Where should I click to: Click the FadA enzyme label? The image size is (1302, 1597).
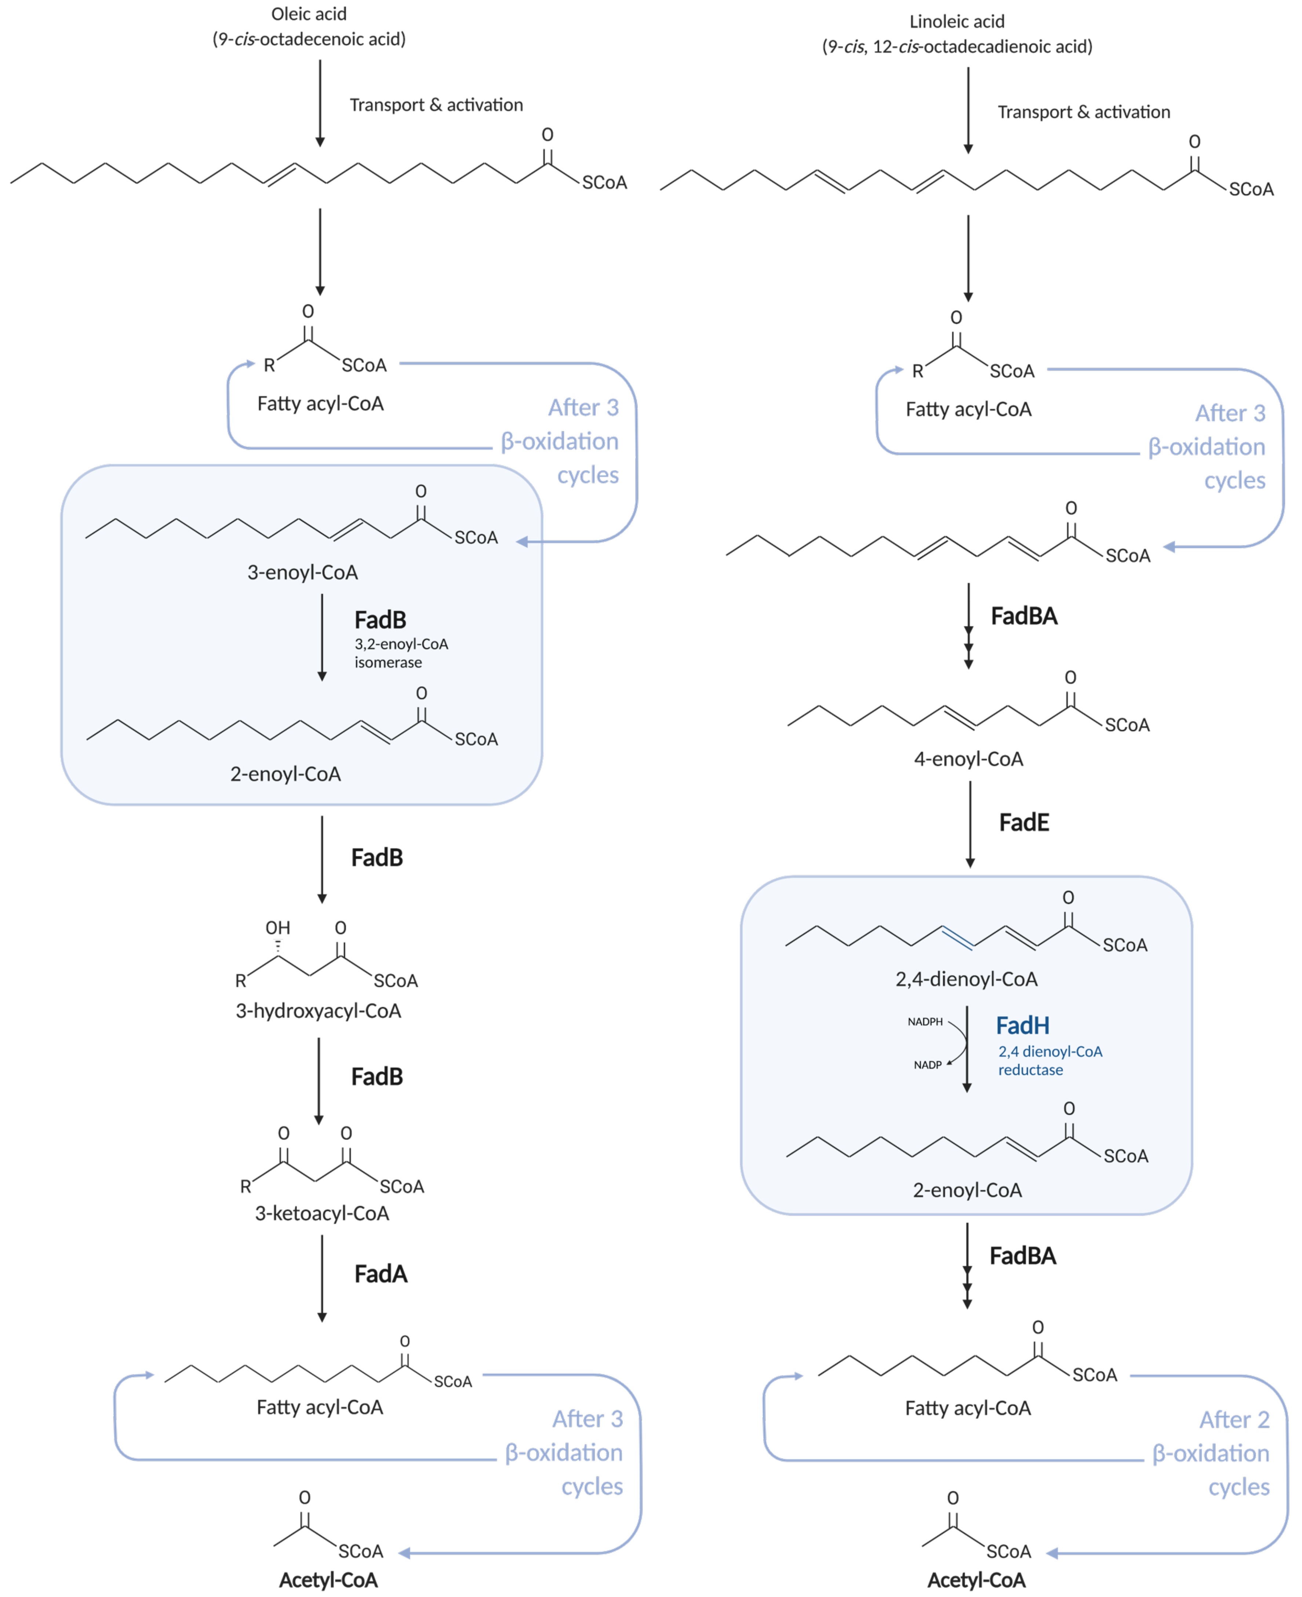click(380, 1274)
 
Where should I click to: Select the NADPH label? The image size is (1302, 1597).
click(925, 1021)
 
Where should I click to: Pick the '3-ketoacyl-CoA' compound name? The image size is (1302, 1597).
click(322, 1213)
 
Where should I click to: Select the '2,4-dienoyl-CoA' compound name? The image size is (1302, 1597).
click(966, 979)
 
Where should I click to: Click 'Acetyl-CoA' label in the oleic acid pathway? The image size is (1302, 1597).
click(328, 1580)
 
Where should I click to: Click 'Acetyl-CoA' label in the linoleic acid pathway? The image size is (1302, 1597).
click(976, 1580)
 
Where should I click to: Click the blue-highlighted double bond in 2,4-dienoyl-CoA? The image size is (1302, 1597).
click(957, 938)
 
